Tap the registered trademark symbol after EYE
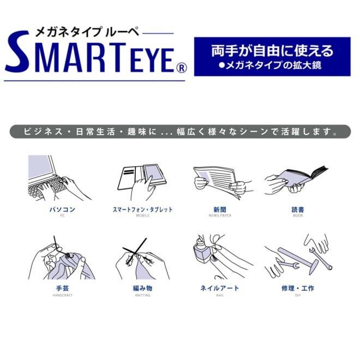[182, 68]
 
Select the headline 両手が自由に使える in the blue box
[272, 51]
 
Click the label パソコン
[62, 209]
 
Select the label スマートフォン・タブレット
[142, 209]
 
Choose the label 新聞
[220, 209]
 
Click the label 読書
[298, 209]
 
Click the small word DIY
[298, 295]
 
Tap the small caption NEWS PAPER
[220, 216]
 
